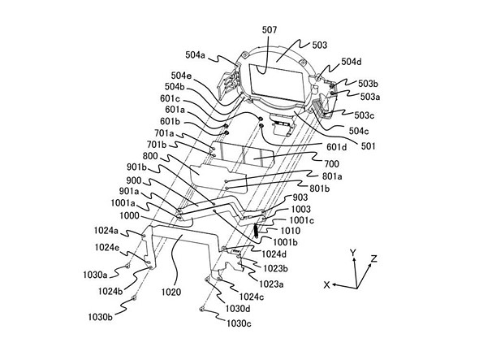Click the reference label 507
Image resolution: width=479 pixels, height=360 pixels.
(269, 30)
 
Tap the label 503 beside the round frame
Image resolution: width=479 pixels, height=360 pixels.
(320, 46)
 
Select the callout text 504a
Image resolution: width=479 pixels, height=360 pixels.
(195, 55)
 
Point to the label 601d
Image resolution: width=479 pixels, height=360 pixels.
(337, 147)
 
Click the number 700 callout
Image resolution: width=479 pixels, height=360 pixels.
(331, 164)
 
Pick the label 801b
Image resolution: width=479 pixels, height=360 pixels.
(320, 189)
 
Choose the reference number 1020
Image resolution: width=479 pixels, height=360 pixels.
(171, 293)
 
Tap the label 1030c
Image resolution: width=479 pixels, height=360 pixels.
(239, 323)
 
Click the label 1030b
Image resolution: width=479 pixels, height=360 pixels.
(100, 317)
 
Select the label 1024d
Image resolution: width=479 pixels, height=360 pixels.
(274, 254)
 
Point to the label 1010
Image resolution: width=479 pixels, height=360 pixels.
(290, 231)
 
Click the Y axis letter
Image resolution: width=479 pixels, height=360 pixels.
(353, 253)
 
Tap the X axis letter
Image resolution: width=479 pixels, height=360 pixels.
(327, 285)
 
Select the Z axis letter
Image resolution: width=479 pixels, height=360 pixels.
(374, 259)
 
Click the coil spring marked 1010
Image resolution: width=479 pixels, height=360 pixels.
(256, 231)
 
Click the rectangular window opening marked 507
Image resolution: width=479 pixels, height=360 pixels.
(277, 82)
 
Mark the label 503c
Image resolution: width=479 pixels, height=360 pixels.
(365, 115)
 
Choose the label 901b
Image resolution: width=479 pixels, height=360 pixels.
(137, 167)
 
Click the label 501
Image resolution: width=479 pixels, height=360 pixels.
(368, 146)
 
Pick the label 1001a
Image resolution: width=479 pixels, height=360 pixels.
(123, 203)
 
